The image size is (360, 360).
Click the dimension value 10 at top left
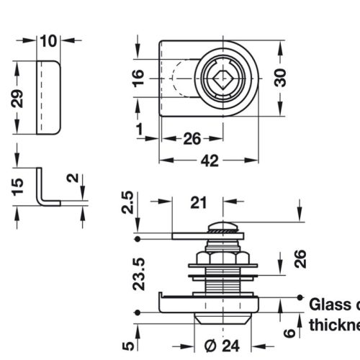tap(48, 40)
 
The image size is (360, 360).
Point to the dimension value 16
tap(139, 77)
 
